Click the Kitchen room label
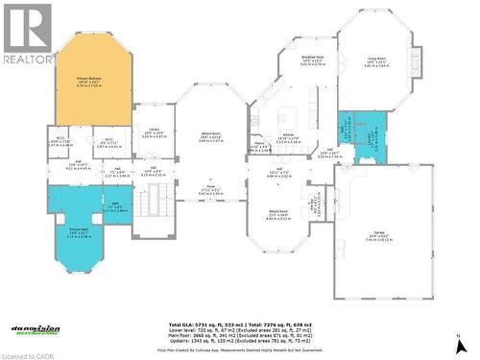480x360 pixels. [x=288, y=136]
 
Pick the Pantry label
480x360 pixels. [x=259, y=144]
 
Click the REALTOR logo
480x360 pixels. [x=27, y=34]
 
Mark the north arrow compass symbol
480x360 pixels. [x=461, y=344]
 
